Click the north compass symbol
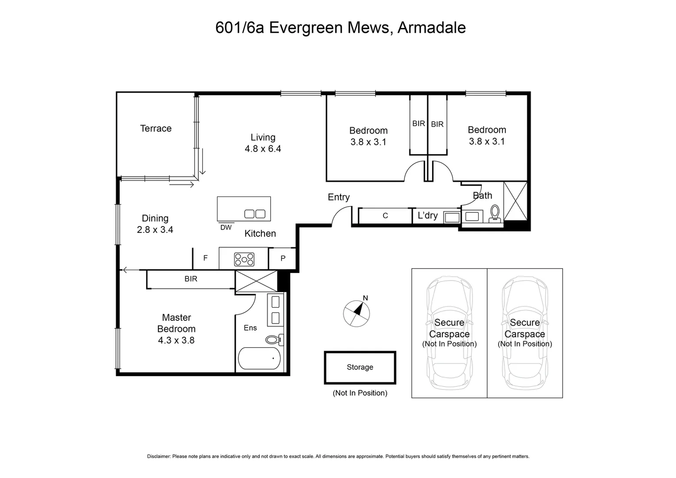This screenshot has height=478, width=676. pos(357,312)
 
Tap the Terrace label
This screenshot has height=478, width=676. pos(156,128)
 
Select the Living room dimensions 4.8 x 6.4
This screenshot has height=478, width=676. pos(263,149)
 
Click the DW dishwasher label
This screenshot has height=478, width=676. pos(226,227)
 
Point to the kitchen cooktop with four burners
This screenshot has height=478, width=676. pos(244,259)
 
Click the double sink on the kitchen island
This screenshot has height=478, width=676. pos(255,214)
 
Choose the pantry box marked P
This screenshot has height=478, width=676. pos(283,258)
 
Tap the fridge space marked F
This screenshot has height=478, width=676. pos(205,258)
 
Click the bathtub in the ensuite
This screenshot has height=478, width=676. pos(259,358)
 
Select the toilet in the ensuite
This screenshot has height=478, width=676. pos(273,340)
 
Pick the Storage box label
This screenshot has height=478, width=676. pos(360,367)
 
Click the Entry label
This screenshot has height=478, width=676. pos(338,197)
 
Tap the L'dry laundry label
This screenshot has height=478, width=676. pos(427,216)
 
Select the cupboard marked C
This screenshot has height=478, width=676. pos(385,216)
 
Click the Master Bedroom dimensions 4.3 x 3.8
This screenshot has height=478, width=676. pos(176,340)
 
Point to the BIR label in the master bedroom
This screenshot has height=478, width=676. pos(191,279)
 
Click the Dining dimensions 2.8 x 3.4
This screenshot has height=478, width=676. pos(155,230)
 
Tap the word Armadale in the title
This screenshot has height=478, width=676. pos(431,27)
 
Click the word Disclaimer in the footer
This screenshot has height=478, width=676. pos(158,456)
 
